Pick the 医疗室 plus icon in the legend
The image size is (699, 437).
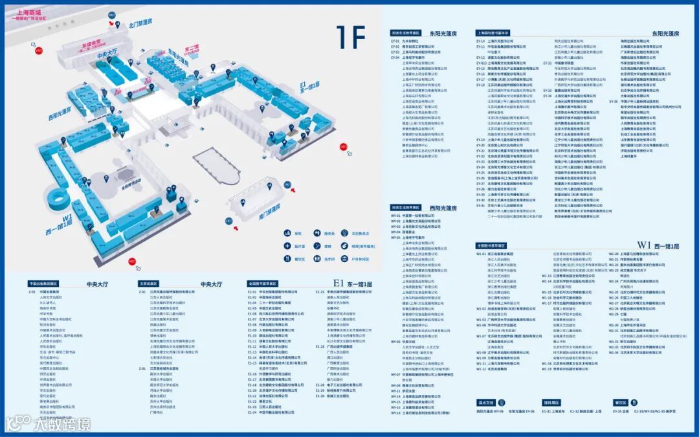click(287, 246)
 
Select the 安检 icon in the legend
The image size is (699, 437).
click(287, 233)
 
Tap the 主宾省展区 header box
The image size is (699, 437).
click(148, 284)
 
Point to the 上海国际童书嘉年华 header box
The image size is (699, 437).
click(493, 32)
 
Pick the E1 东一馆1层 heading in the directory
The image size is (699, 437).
click(353, 284)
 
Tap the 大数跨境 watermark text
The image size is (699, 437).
click(61, 424)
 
